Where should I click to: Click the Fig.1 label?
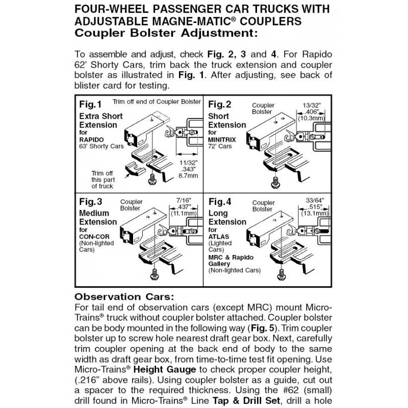(x=91, y=105)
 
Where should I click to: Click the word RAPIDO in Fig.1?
(x=91, y=140)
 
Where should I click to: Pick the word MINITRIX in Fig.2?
(x=222, y=140)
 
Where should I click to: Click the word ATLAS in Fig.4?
(x=219, y=237)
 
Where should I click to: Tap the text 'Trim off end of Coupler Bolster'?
(x=157, y=102)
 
